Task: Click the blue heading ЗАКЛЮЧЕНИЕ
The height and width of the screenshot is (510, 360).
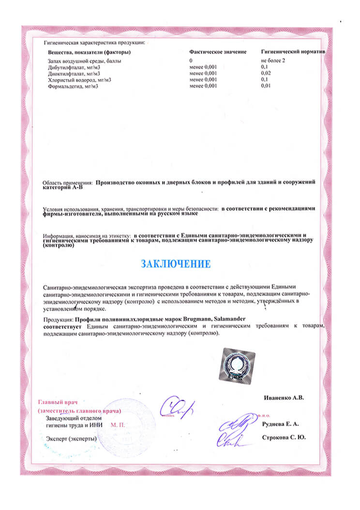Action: point(176,264)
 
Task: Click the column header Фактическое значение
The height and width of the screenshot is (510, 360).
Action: point(218,52)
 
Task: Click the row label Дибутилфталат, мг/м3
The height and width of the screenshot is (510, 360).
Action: point(74,67)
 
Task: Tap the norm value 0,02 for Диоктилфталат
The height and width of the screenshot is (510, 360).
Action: point(266,74)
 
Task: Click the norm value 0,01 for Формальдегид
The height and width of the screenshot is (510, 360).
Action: point(266,86)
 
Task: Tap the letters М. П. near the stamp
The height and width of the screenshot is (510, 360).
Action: point(118,424)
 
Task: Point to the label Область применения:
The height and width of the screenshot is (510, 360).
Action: point(68,183)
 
